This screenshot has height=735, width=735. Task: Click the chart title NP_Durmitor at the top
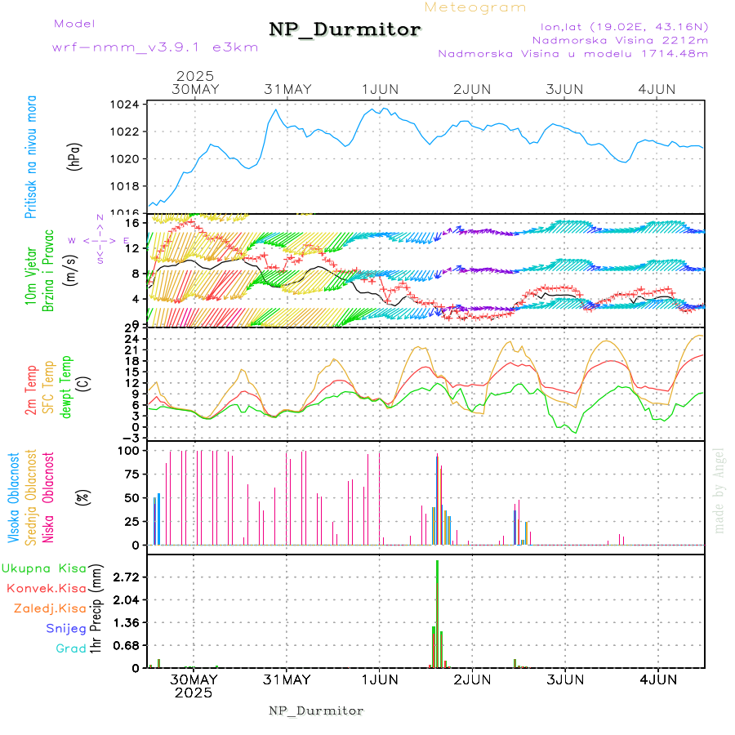(x=345, y=30)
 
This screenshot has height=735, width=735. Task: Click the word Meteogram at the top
(x=475, y=7)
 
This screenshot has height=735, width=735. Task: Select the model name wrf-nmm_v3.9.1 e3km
(x=154, y=47)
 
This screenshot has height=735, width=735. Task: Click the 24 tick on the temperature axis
(x=130, y=338)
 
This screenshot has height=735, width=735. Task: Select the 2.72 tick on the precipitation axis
(x=126, y=577)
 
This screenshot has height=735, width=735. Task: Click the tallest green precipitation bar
(x=438, y=612)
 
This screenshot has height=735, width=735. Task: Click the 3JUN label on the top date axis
(x=564, y=88)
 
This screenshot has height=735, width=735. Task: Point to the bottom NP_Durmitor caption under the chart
(x=316, y=710)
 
